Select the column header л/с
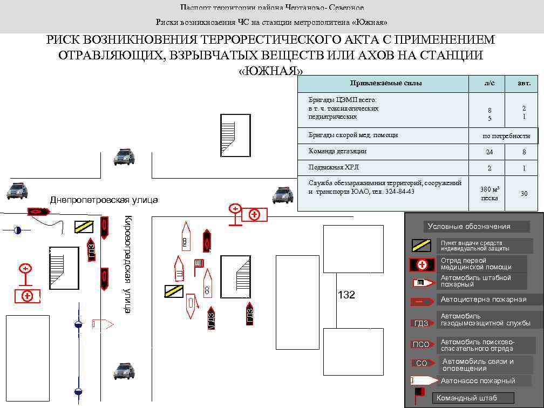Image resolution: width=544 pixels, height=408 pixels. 489,83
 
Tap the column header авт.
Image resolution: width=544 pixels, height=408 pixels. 523,83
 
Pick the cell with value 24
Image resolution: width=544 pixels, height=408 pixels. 489,152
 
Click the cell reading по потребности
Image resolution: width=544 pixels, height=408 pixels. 506,136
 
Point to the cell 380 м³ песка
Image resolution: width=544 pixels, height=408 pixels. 489,193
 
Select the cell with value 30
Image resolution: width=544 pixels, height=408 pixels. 523,193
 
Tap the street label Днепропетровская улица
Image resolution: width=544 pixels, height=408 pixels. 104,200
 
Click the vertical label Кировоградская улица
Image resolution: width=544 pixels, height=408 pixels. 127,264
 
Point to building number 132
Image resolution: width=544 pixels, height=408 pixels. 346,295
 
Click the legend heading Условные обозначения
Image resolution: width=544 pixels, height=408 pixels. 469,226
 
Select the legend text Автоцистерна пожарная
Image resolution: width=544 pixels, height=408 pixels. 483,300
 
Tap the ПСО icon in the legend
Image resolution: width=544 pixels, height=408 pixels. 421,344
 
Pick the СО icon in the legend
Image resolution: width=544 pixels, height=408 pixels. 421,363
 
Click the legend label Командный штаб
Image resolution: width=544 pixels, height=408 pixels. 467,398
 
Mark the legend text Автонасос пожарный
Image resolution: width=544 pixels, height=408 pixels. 478,381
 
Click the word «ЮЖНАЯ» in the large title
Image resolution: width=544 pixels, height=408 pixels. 270,72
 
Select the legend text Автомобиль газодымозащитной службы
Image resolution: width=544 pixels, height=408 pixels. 485,319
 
